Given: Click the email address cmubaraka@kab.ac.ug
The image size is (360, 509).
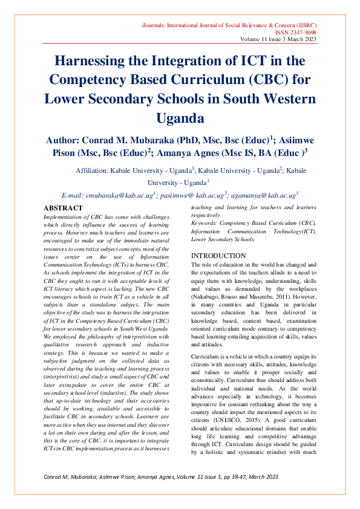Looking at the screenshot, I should tap(121, 196).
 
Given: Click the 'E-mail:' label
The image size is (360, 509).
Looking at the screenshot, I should tap(73, 196).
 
